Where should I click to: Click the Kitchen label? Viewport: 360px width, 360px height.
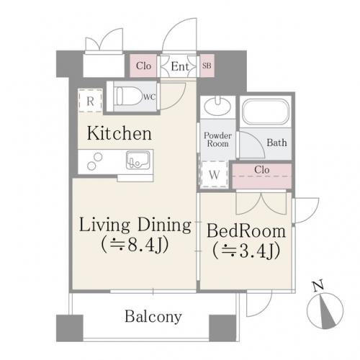click(x=120, y=134)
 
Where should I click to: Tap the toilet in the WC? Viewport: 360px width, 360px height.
click(x=127, y=96)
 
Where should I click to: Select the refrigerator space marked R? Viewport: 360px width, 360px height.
click(x=90, y=100)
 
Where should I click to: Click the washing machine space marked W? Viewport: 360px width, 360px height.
click(x=215, y=174)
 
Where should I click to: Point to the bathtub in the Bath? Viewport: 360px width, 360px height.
click(x=265, y=112)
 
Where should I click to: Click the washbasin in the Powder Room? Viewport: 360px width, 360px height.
click(x=217, y=107)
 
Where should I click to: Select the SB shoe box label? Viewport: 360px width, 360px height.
click(x=207, y=66)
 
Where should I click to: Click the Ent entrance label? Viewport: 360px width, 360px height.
click(x=180, y=66)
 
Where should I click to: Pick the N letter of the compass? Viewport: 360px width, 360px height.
click(x=318, y=286)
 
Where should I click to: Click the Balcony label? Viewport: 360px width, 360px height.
click(x=153, y=317)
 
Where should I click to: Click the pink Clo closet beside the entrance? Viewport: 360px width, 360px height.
click(x=143, y=66)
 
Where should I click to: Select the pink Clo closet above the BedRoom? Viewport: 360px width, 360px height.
click(x=262, y=176)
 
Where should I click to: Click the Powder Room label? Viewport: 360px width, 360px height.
click(x=217, y=140)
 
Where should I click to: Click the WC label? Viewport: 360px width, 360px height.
click(x=150, y=97)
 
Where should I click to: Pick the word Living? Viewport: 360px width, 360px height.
click(x=104, y=225)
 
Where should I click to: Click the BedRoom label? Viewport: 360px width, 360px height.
click(x=246, y=231)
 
